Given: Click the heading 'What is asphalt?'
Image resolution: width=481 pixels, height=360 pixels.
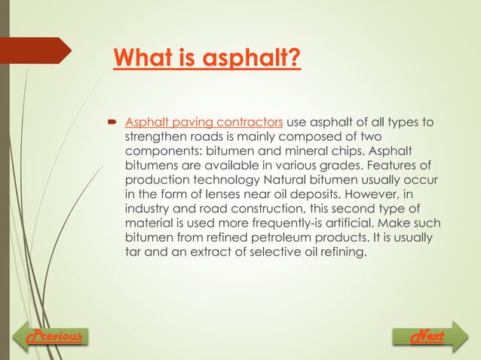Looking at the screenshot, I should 207,58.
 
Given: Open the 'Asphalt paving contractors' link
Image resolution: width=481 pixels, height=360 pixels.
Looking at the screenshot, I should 204,123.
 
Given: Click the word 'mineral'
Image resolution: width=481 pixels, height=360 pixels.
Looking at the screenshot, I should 295,151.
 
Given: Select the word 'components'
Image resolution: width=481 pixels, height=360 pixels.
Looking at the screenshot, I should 161,151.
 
